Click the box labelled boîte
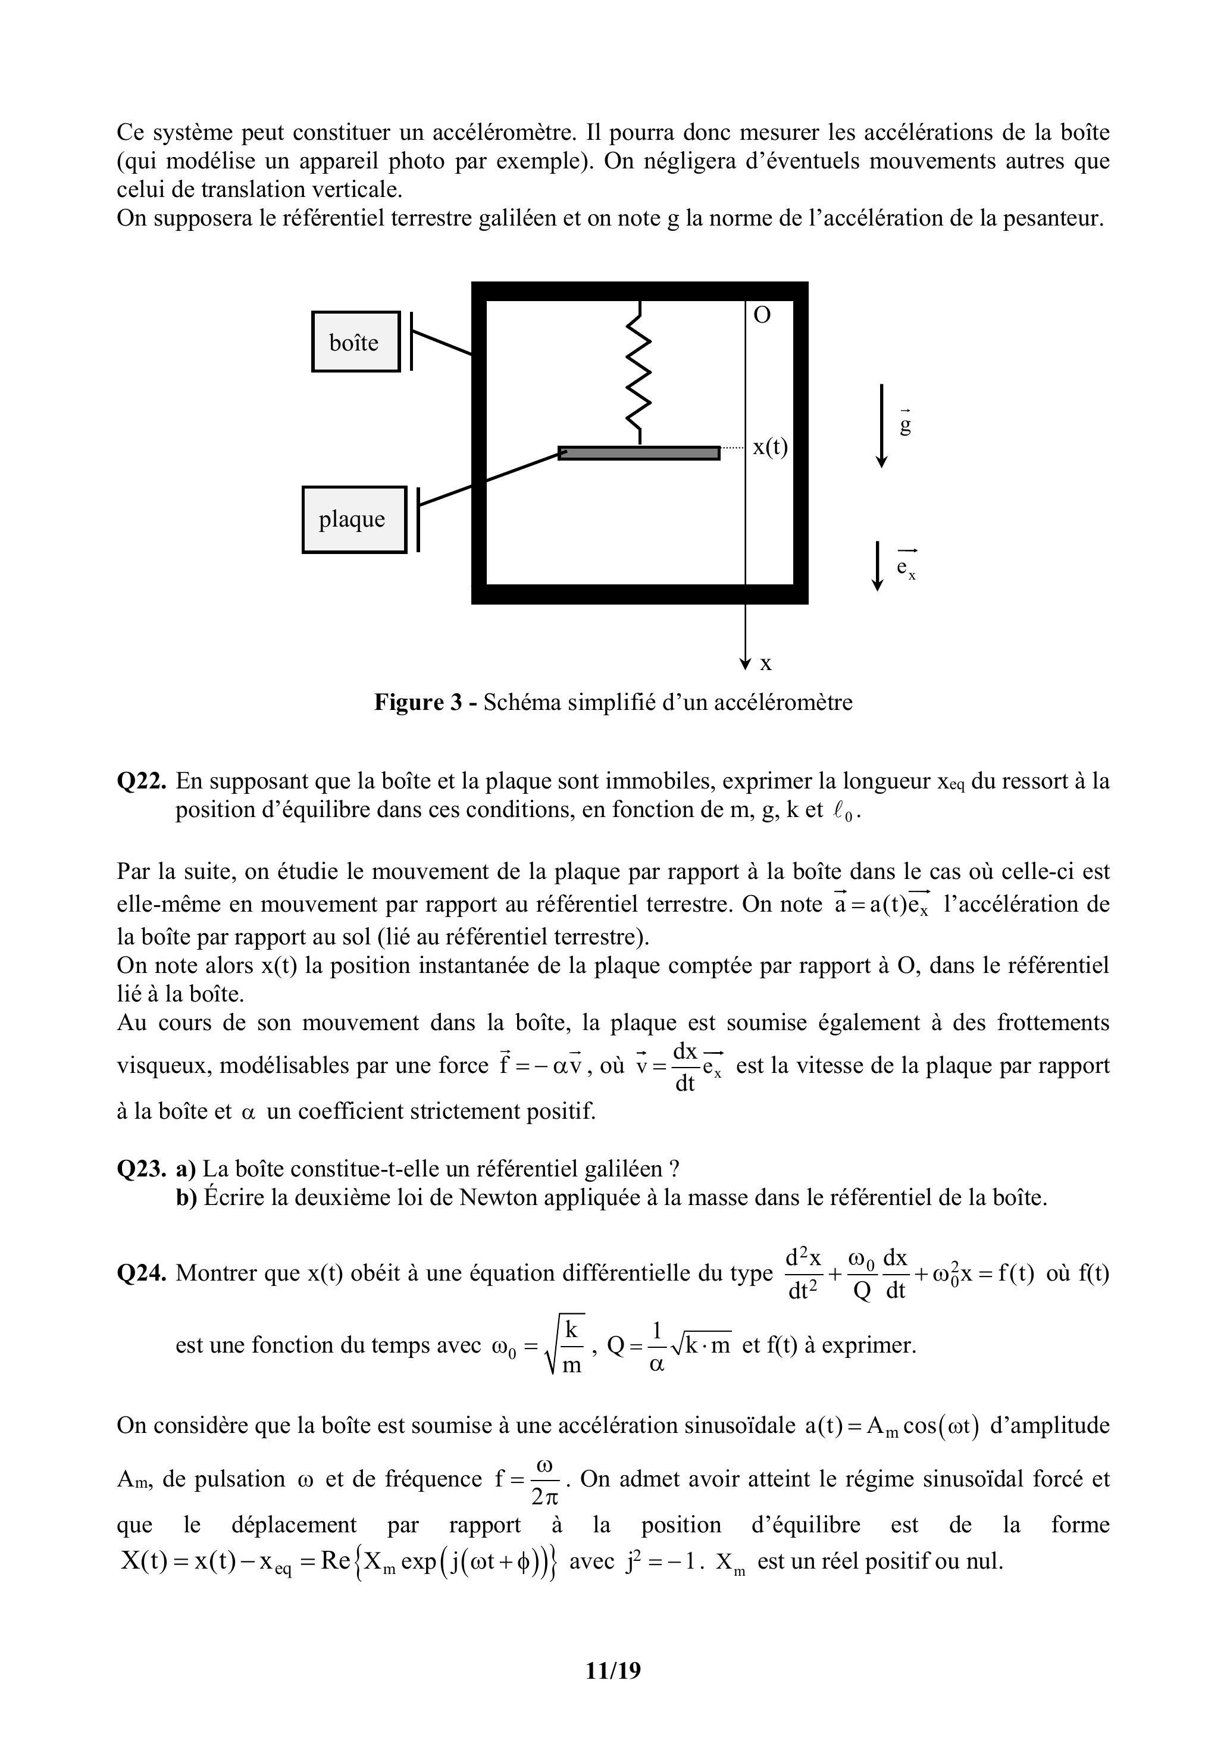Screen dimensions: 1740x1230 355,342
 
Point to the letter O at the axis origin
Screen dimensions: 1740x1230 762,316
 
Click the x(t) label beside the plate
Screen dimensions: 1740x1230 770,448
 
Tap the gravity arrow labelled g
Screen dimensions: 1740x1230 881,425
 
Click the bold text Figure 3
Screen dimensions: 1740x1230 418,703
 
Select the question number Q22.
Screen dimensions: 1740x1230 141,781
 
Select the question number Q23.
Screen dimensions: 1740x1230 141,1169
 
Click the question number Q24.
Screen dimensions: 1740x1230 141,1273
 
